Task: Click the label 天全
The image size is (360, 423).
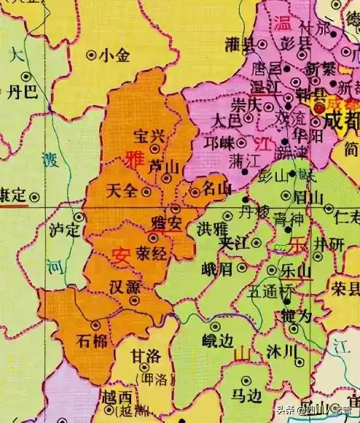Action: [121, 191]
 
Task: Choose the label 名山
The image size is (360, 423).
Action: [215, 190]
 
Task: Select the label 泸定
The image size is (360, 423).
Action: [63, 230]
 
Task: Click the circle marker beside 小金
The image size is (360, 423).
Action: [92, 53]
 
